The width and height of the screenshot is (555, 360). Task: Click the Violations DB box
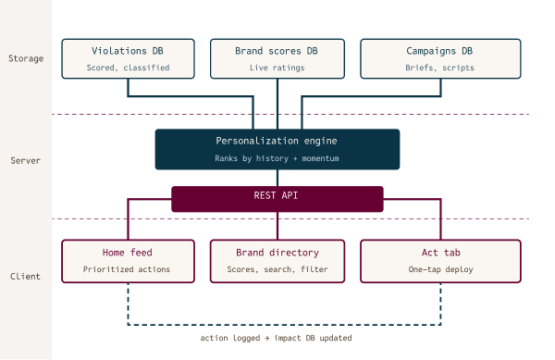click(128, 57)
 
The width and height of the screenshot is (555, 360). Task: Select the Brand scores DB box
click(277, 57)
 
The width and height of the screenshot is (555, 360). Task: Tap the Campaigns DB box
click(426, 57)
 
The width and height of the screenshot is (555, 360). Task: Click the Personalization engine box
click(277, 149)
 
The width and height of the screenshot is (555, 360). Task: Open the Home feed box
click(128, 261)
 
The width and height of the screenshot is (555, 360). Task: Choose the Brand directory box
click(277, 261)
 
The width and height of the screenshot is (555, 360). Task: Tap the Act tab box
click(426, 261)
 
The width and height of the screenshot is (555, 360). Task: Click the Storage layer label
click(26, 57)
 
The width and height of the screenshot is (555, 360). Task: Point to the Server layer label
click(26, 159)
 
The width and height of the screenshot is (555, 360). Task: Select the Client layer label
click(26, 276)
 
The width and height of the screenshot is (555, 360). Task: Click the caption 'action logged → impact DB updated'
click(277, 339)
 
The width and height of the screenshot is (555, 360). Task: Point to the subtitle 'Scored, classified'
click(128, 68)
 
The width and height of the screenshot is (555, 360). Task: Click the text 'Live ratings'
click(277, 68)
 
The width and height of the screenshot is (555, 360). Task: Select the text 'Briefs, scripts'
click(426, 68)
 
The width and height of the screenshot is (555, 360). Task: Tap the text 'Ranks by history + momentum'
click(277, 159)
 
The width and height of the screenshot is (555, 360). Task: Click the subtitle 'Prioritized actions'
click(128, 270)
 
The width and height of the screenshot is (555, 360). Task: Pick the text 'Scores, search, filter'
click(277, 270)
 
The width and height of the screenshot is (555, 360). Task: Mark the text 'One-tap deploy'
click(426, 270)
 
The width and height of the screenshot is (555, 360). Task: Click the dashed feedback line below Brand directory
click(277, 325)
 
